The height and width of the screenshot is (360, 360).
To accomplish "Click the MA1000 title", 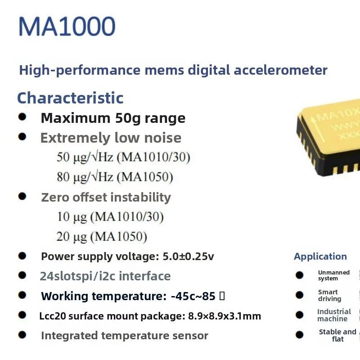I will [x=67, y=27].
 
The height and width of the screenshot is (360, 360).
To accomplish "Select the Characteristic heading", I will [x=70, y=98].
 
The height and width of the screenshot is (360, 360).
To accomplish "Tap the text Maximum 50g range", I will [x=113, y=118].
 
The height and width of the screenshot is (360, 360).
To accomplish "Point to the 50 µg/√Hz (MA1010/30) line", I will [x=123, y=157].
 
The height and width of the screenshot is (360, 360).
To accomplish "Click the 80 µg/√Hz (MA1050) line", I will [x=115, y=177].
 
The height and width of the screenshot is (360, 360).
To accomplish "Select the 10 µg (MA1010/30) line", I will [x=110, y=217].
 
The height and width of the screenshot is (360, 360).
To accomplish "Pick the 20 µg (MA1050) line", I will [x=102, y=236].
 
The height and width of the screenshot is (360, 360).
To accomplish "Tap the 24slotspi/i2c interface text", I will [x=105, y=276].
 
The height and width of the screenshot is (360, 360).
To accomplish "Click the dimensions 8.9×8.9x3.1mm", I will [x=223, y=316].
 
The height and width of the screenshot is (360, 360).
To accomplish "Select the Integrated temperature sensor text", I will [x=124, y=336].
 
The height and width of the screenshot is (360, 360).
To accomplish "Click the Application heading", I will [x=320, y=256].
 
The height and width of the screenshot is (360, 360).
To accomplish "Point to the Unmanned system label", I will [x=333, y=275].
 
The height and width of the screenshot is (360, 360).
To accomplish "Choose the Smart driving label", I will [x=329, y=295].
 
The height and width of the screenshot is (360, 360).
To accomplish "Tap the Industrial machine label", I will [x=333, y=315].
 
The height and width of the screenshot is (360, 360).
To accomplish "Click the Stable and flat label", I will [x=337, y=335].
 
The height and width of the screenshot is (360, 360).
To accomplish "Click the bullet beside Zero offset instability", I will [x=22, y=197].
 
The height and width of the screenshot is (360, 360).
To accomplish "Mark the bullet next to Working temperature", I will [x=22, y=295].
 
